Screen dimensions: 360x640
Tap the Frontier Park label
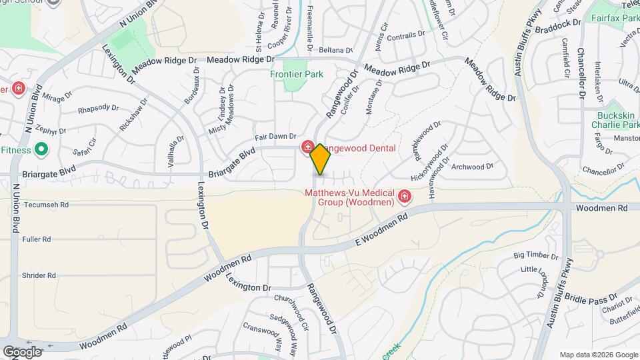(291, 74)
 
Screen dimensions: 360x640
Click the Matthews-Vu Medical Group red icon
(405, 196)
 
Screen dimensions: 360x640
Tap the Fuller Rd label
(36, 239)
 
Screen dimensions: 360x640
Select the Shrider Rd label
(39, 275)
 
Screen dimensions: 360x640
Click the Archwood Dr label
(472, 166)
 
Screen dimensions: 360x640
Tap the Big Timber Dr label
(535, 256)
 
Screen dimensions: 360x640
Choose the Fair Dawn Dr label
(275, 136)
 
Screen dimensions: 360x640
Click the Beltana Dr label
(335, 50)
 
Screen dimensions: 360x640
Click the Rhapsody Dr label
(98, 109)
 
